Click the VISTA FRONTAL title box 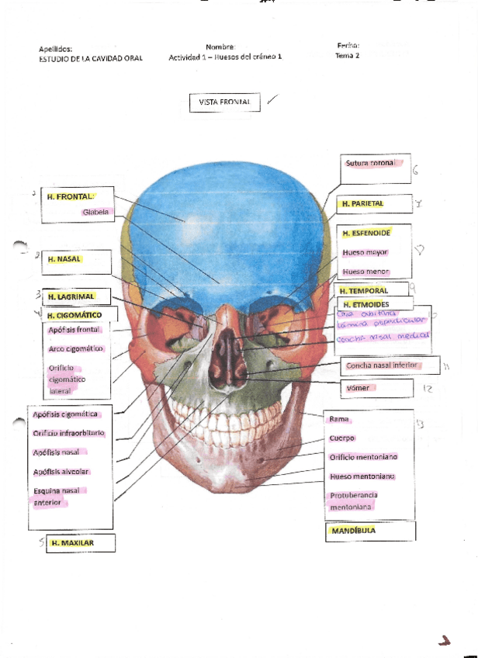click(x=224, y=102)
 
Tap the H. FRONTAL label click(x=71, y=197)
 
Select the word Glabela click(x=97, y=211)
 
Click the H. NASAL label click(x=64, y=259)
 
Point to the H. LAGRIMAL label click(x=71, y=296)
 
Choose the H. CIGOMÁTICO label click(x=74, y=315)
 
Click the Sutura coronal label click(x=370, y=164)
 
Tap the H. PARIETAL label click(x=363, y=204)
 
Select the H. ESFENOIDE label click(x=366, y=233)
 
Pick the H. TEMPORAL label click(x=364, y=291)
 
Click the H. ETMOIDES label click(x=366, y=303)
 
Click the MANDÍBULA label click(x=354, y=531)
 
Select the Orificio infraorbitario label click(x=68, y=433)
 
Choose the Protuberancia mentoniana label click(x=353, y=500)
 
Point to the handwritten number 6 click(x=416, y=171)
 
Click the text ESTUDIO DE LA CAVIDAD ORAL click(x=91, y=58)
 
